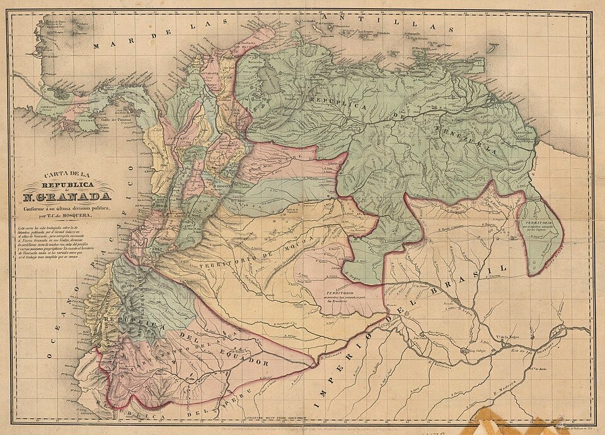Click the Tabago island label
(x=494, y=44)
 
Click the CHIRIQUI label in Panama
(x=48, y=107)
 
